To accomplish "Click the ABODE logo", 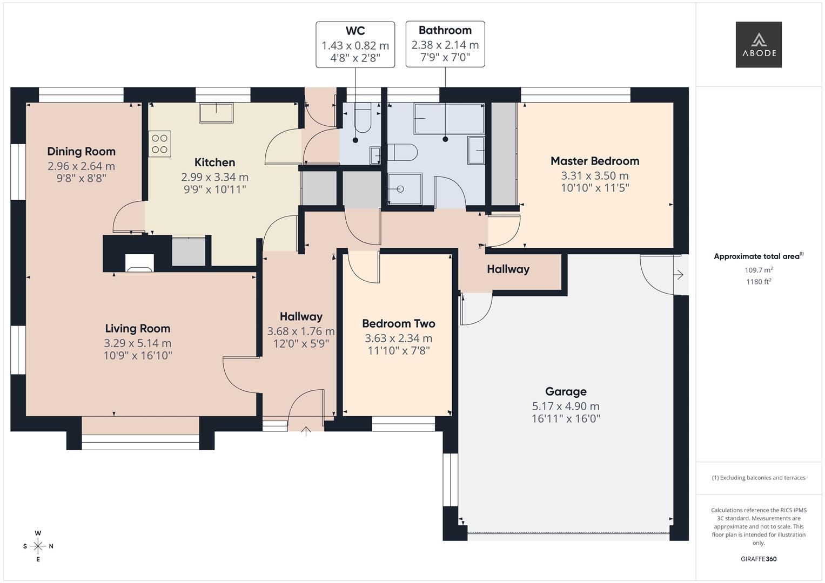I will (758, 45).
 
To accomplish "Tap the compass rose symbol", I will (38, 546).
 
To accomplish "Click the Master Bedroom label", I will (595, 161).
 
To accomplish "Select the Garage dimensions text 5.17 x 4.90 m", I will (566, 406).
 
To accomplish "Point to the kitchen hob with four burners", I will (159, 144).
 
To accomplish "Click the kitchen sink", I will (216, 113).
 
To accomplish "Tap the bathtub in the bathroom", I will (448, 119).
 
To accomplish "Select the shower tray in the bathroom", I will (404, 189).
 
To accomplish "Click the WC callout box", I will (355, 45).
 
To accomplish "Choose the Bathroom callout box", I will (445, 44).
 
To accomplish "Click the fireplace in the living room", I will (139, 263).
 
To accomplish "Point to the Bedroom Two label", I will (398, 323).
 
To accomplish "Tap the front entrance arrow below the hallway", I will (306, 431).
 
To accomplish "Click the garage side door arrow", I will (679, 275).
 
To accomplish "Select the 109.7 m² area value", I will (759, 270).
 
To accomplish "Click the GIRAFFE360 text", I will (758, 559).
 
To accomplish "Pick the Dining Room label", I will (81, 151).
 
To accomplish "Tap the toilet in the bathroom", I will (403, 152).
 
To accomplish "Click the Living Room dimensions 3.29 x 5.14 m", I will (137, 343).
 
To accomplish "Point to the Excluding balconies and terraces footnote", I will (759, 478).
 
